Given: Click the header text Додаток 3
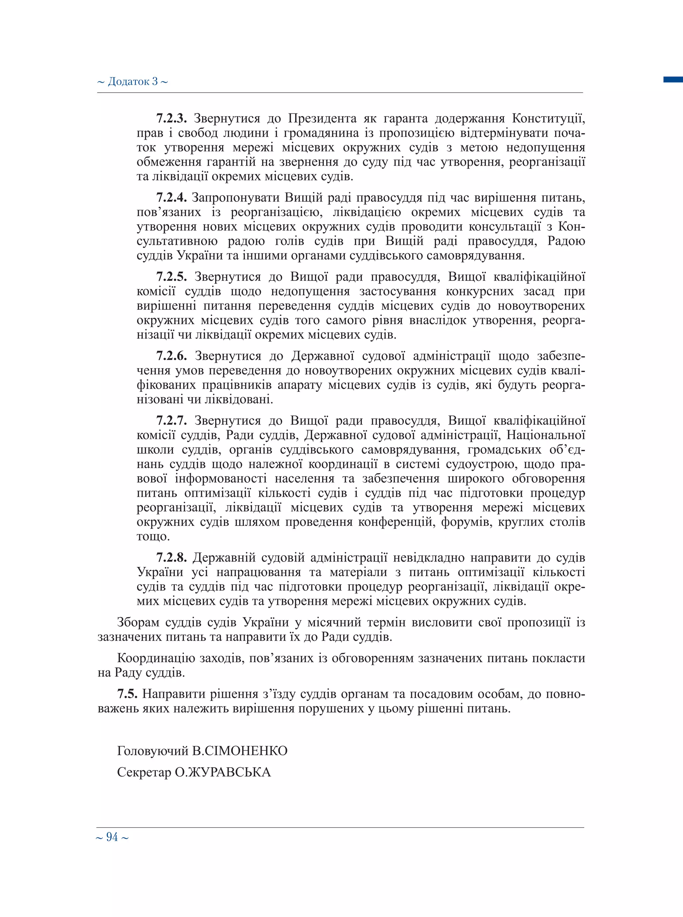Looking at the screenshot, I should [x=132, y=81].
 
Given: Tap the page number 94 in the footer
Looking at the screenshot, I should [x=112, y=837].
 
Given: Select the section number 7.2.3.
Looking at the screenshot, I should [x=171, y=119].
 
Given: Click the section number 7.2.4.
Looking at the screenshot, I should [x=171, y=198].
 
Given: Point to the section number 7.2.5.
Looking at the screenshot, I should [x=171, y=276].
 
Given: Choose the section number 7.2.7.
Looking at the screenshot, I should [x=171, y=421].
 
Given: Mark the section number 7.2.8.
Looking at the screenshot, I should [x=171, y=558].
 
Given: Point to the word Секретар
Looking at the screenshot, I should [x=144, y=772].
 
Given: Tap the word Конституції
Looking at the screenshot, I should [x=548, y=119].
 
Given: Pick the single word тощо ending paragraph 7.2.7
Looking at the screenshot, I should [x=153, y=537].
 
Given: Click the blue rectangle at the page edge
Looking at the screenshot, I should [x=673, y=79].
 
